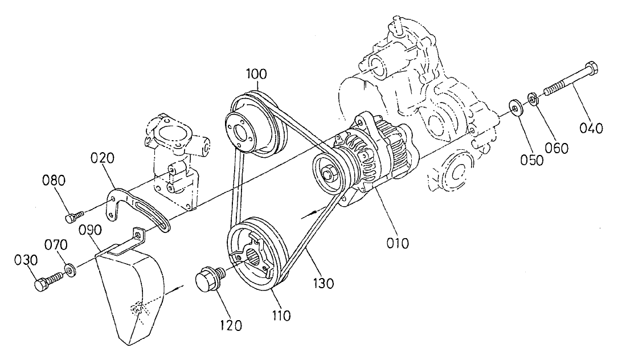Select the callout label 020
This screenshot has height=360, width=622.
104,158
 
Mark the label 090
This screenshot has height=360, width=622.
91,230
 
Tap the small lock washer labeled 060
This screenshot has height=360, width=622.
533,100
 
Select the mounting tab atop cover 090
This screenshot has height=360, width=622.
137,233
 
